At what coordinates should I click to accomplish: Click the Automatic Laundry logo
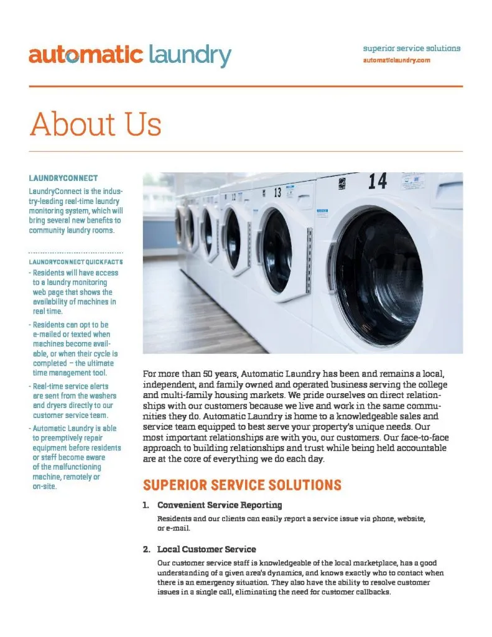[129, 56]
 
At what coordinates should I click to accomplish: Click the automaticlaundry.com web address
[396, 60]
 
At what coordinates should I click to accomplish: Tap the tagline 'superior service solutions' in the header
[412, 48]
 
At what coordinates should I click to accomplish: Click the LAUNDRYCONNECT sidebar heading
[63, 178]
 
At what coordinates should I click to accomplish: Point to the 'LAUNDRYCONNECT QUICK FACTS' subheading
[75, 262]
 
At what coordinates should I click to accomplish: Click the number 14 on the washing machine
[377, 181]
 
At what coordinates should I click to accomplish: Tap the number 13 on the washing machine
[277, 190]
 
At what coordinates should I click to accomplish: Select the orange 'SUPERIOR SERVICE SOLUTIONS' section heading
[242, 484]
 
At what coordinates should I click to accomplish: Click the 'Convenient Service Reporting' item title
[220, 504]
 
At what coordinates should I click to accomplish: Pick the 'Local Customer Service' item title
[206, 549]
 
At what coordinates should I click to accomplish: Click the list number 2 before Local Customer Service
[146, 549]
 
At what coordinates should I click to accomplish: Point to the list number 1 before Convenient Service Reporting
[146, 504]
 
